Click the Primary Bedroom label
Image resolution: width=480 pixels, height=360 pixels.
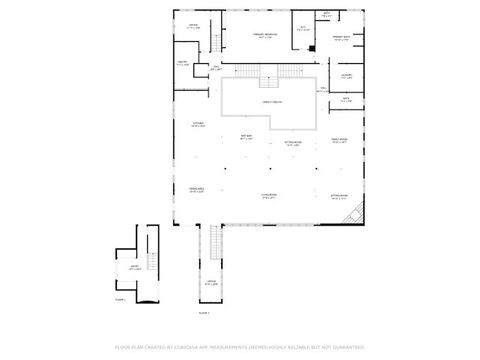[x=265, y=35]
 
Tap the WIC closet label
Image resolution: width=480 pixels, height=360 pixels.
[x=303, y=28]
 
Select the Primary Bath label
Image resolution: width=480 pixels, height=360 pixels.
[x=340, y=39]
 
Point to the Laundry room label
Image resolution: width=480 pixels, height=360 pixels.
[x=345, y=76]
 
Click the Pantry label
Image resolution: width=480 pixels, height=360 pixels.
[x=182, y=63]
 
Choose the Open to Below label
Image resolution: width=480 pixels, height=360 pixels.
[x=271, y=101]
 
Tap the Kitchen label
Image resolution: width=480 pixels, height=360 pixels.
[x=198, y=125]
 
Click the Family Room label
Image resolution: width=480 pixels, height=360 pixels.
[x=339, y=140]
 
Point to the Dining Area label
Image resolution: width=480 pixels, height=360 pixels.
[x=196, y=189]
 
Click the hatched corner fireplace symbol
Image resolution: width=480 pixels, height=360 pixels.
[x=351, y=213]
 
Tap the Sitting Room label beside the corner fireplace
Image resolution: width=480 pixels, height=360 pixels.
[x=339, y=196]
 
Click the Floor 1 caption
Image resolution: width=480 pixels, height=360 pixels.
[x=119, y=299]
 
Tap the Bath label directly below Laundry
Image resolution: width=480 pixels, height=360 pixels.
[x=345, y=99]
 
